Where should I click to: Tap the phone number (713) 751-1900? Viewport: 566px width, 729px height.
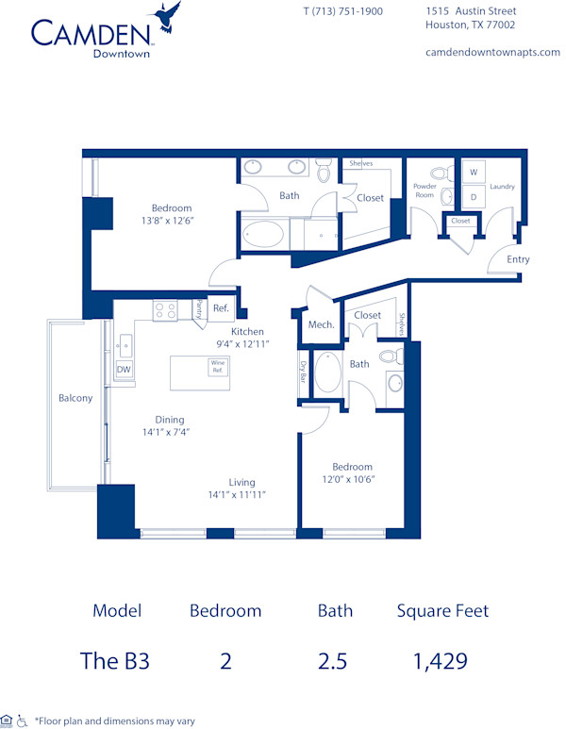[342, 11]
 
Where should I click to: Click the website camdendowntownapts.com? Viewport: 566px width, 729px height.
[492, 52]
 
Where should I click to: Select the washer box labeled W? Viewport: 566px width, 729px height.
[474, 173]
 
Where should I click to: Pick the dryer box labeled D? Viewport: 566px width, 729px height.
[474, 196]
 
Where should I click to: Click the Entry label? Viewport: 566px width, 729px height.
[518, 259]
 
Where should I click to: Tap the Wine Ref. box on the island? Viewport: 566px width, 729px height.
[218, 366]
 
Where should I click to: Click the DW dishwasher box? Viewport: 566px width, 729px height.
[124, 370]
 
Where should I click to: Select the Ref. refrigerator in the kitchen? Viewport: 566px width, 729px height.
[220, 307]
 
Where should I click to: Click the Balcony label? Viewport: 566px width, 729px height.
[75, 398]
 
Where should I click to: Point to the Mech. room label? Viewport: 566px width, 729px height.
[321, 324]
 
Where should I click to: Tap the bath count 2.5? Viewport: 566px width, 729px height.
[334, 661]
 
